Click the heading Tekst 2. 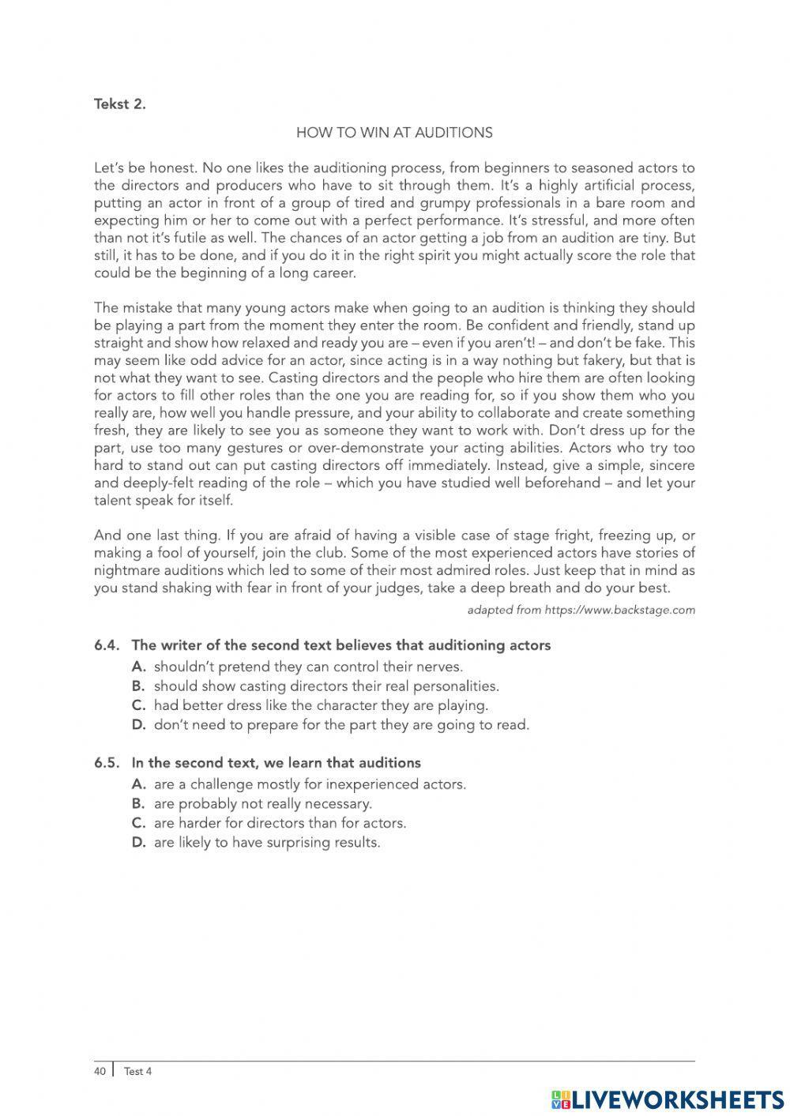(x=119, y=103)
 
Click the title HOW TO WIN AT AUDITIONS (x=394, y=133)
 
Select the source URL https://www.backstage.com (x=619, y=610)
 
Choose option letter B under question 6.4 (x=138, y=686)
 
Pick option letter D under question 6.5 (x=138, y=843)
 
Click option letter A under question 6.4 (x=138, y=667)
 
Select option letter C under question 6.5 (x=138, y=823)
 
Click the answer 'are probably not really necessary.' (x=262, y=804)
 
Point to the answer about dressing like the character (x=321, y=705)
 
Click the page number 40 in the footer (x=100, y=1072)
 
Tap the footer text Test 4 (x=137, y=1072)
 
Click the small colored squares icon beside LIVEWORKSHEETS (x=560, y=1099)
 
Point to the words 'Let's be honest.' (x=145, y=167)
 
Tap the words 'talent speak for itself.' (x=164, y=500)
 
